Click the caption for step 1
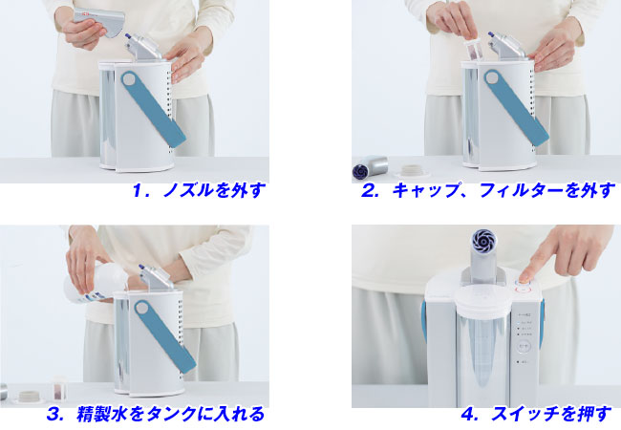(x=198, y=190)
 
